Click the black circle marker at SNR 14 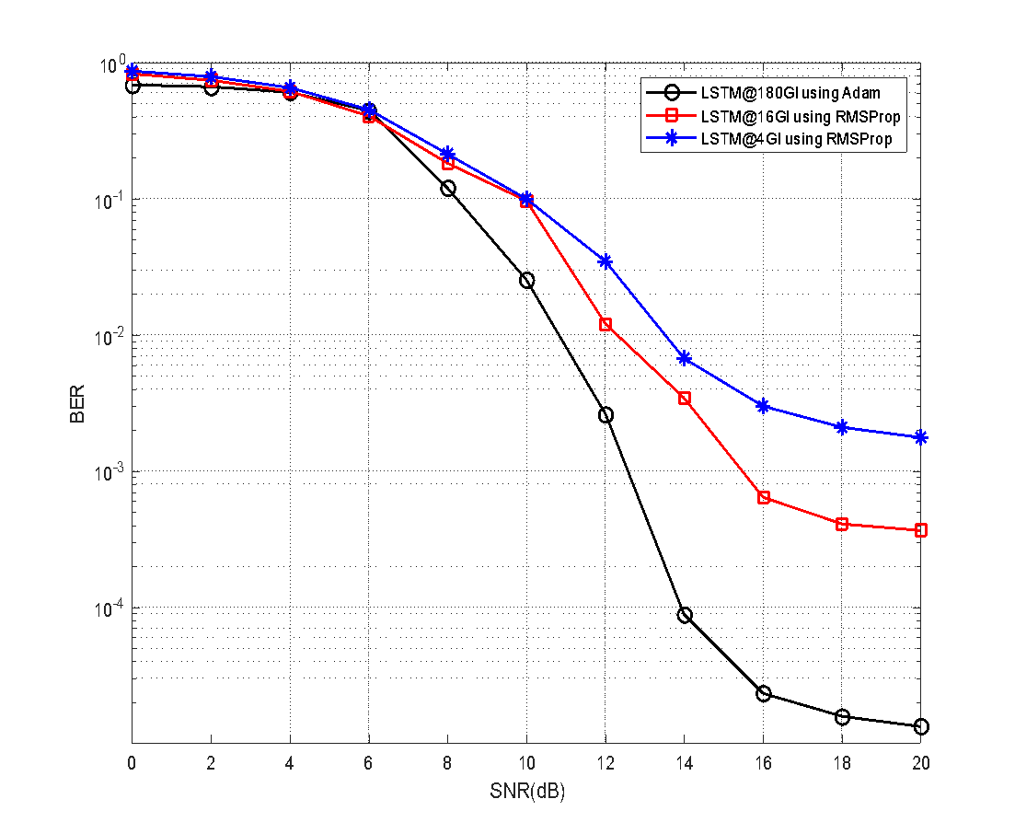pyautogui.click(x=685, y=615)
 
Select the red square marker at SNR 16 pyautogui.click(x=764, y=498)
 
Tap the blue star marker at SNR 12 pyautogui.click(x=606, y=261)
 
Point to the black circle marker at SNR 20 pyautogui.click(x=921, y=727)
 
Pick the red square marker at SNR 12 pyautogui.click(x=606, y=324)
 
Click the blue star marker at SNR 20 pyautogui.click(x=921, y=437)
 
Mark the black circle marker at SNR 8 pyautogui.click(x=448, y=188)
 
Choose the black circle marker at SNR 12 pyautogui.click(x=606, y=415)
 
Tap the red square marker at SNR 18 pyautogui.click(x=842, y=524)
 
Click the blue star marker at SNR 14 pyautogui.click(x=685, y=357)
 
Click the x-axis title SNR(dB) pyautogui.click(x=526, y=792)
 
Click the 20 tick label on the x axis pyautogui.click(x=920, y=763)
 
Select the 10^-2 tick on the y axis pyautogui.click(x=110, y=337)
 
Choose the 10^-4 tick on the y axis pyautogui.click(x=110, y=609)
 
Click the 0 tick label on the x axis pyautogui.click(x=133, y=763)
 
